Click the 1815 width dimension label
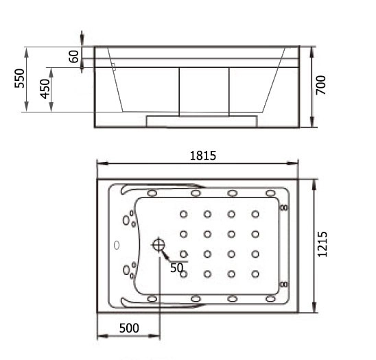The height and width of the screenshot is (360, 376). pyautogui.click(x=203, y=156)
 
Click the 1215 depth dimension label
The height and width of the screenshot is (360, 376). pyautogui.click(x=322, y=244)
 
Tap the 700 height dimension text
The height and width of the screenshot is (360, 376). pyautogui.click(x=321, y=85)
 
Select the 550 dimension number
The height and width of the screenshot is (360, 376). pyautogui.click(x=19, y=78)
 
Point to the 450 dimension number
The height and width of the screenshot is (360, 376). pyautogui.click(x=45, y=88)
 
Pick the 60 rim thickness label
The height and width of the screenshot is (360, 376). pyautogui.click(x=73, y=56)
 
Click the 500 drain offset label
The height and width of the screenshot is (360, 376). pyautogui.click(x=129, y=328)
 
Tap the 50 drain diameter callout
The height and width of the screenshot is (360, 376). pyautogui.click(x=177, y=268)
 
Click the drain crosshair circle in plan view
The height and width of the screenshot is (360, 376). pyautogui.click(x=158, y=245)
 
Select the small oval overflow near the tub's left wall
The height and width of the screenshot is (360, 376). pyautogui.click(x=117, y=245)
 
